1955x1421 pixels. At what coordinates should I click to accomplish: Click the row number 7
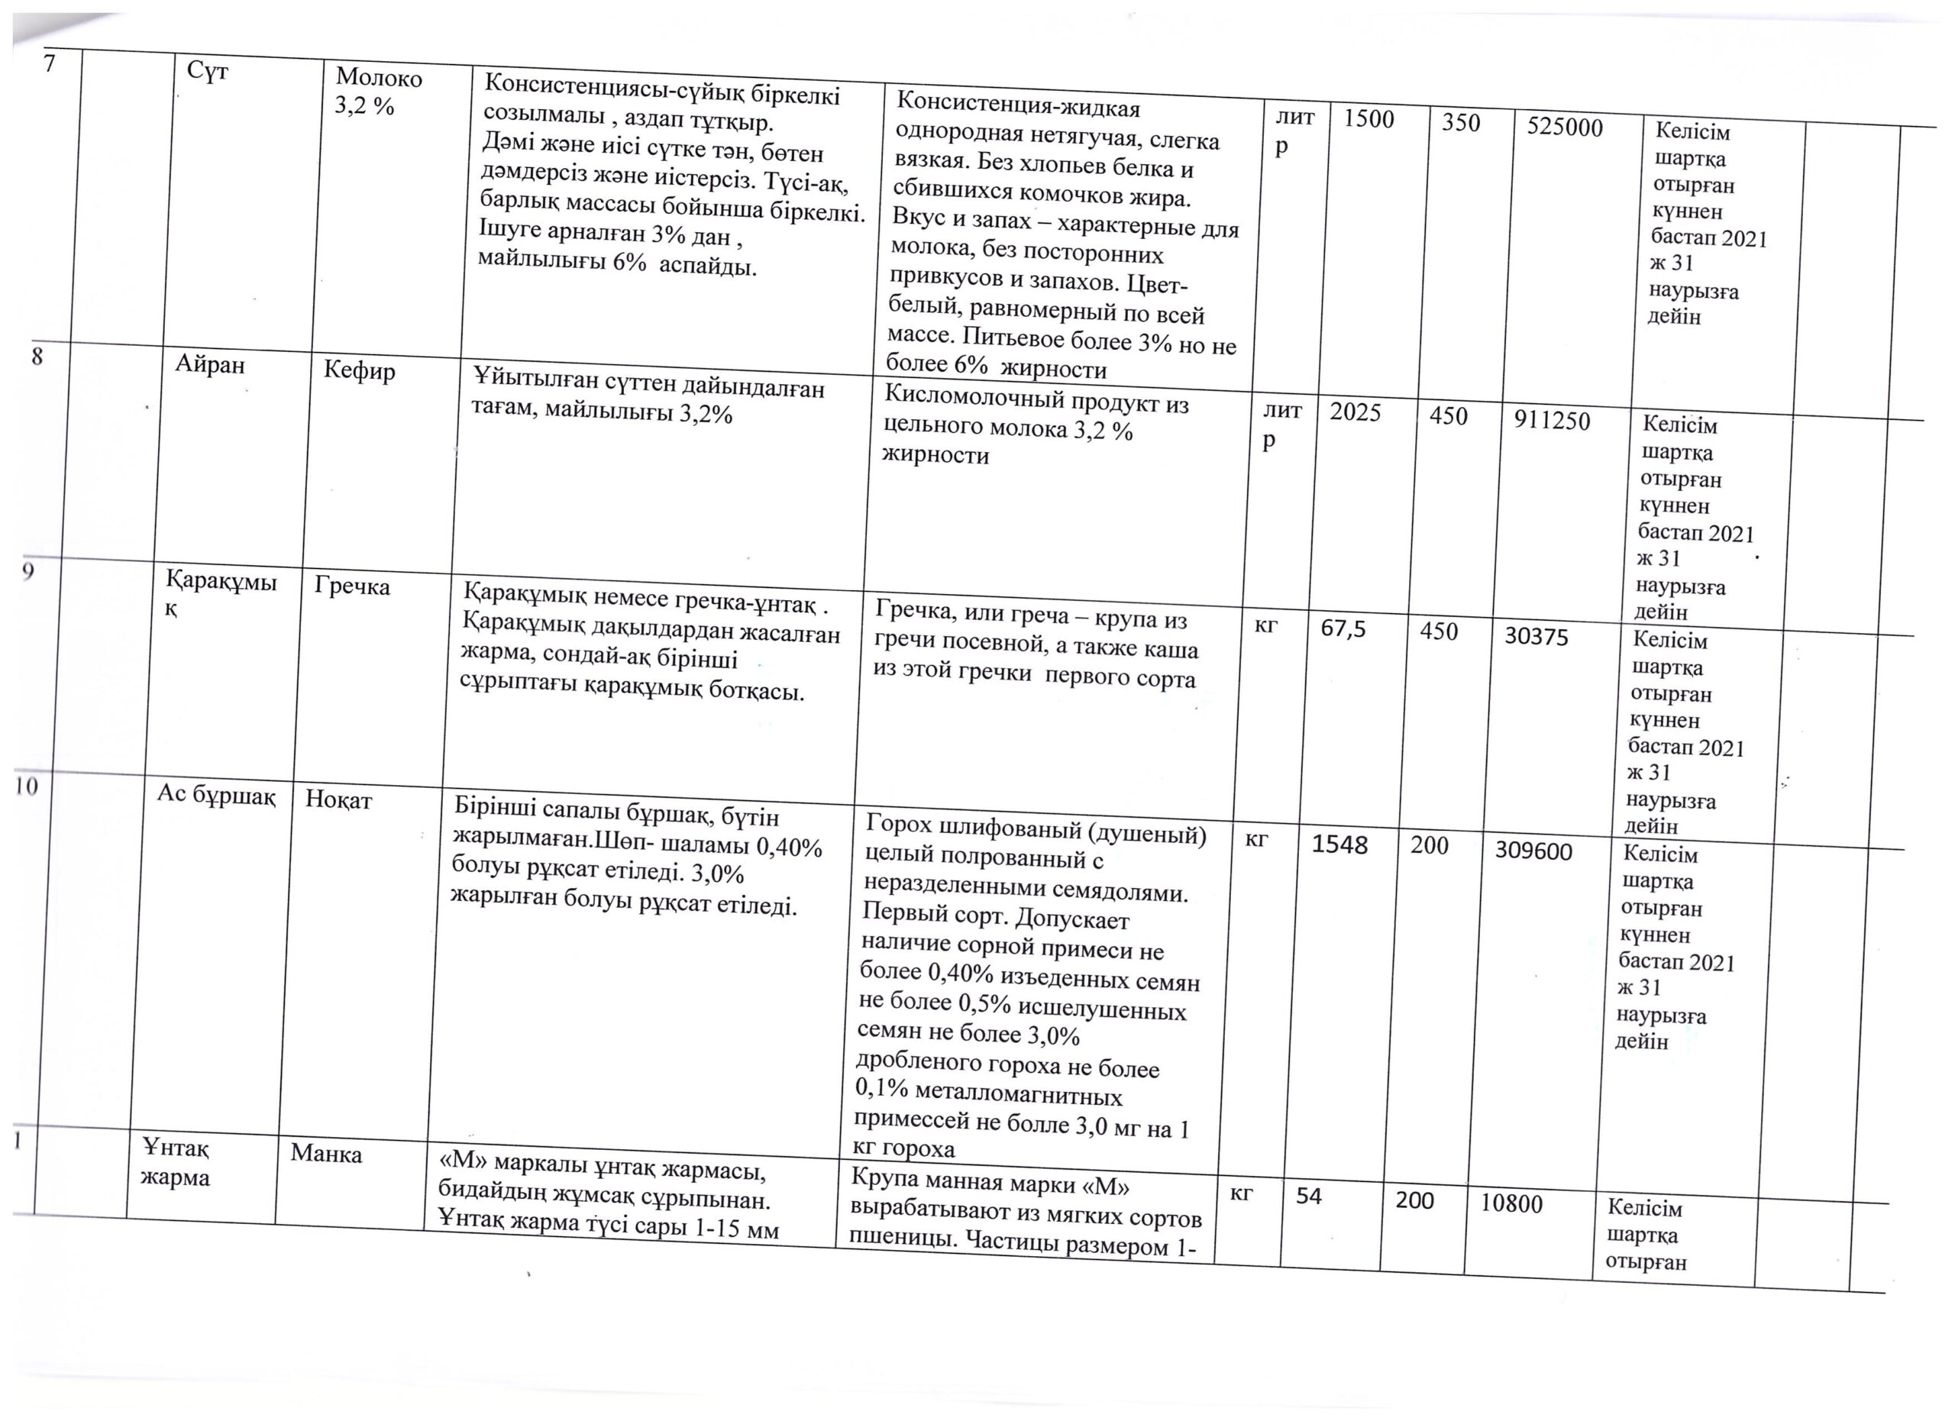50,64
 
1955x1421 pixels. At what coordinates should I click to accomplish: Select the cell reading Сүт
208,72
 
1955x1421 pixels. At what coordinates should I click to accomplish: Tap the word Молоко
379,79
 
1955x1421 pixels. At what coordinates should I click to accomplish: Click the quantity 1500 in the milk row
1368,119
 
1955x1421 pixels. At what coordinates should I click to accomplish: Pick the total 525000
1565,128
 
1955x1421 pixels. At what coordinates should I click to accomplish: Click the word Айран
210,364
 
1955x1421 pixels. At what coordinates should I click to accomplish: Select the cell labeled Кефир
360,371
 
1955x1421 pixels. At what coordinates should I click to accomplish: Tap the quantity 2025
1355,413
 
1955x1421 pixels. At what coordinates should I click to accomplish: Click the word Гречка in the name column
352,587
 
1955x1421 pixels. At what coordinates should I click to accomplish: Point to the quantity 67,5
1343,629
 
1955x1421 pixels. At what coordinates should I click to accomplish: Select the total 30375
1536,637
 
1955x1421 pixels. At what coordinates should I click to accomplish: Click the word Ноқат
339,800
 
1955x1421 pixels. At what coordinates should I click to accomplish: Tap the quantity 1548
1339,845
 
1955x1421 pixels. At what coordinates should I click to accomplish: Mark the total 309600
1533,851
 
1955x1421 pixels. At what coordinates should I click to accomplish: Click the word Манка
326,1153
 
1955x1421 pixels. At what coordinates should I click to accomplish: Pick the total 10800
1511,1204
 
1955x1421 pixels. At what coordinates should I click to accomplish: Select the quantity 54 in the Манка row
1308,1196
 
